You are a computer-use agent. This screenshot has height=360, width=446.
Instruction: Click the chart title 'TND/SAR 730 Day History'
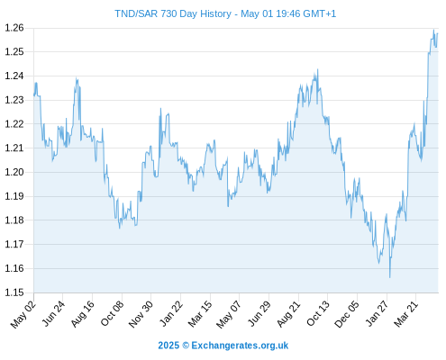click(173, 13)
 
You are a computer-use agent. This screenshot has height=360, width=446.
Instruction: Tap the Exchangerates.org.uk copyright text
click(223, 346)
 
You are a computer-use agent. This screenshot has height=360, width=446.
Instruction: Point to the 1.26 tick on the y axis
click(14, 28)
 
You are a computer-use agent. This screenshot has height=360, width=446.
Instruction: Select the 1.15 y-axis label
click(14, 292)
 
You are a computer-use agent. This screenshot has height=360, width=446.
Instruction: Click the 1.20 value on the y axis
click(14, 172)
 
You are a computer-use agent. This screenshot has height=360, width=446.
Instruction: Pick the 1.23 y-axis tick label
click(14, 100)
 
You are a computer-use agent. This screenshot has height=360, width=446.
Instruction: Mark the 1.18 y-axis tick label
click(14, 220)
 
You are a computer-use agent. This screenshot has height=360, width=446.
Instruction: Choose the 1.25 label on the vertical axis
click(14, 52)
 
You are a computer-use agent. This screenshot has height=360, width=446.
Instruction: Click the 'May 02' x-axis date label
click(23, 314)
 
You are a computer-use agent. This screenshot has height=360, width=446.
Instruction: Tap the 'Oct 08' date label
click(112, 314)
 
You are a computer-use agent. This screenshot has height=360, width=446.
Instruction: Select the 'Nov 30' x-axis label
click(141, 314)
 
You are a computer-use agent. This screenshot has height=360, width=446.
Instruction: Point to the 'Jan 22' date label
click(171, 314)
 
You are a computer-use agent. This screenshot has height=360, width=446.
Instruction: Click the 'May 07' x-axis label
click(229, 314)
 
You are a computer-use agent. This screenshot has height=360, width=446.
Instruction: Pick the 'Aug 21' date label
click(288, 314)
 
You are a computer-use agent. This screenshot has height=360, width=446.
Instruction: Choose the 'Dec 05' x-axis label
click(347, 314)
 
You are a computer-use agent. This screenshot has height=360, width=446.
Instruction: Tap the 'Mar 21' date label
click(406, 314)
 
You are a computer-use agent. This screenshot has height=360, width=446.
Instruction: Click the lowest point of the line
click(390, 277)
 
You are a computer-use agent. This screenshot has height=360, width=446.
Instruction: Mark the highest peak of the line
click(433, 30)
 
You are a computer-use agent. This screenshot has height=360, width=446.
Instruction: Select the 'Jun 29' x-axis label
click(259, 314)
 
